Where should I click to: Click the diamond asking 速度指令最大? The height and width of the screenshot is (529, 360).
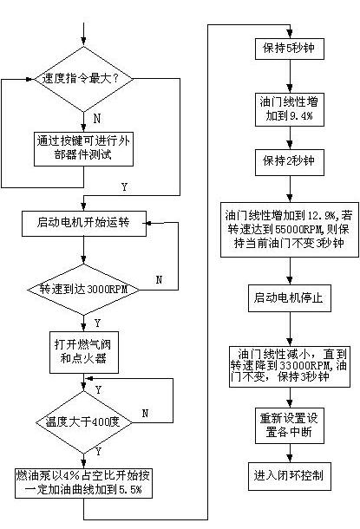click(83, 79)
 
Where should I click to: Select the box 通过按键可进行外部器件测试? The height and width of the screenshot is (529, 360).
click(83, 149)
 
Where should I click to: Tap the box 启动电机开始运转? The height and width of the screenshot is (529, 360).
click(84, 224)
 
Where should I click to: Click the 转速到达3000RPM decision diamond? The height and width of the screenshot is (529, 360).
click(83, 290)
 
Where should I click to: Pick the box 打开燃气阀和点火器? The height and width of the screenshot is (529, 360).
click(84, 352)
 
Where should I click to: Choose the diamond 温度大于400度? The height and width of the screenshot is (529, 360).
click(83, 422)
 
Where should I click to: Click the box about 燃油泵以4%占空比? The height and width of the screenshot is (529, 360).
click(83, 483)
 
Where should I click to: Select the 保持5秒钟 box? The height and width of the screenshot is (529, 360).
click(290, 49)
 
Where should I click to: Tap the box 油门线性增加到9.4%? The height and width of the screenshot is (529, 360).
click(290, 109)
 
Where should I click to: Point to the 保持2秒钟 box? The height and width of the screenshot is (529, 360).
click(290, 162)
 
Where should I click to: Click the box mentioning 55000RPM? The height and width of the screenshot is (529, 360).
click(290, 230)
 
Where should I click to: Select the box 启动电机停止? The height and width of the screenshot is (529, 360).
click(290, 298)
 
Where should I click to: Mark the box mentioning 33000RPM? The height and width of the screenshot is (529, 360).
click(290, 366)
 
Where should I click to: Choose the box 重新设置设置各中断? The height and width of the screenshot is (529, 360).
click(290, 426)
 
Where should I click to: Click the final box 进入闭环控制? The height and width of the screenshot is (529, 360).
click(290, 476)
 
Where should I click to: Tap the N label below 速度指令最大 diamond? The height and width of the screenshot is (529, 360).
click(97, 119)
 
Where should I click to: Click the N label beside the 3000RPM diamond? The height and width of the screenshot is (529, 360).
click(159, 279)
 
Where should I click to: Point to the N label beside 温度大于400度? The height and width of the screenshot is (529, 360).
click(145, 414)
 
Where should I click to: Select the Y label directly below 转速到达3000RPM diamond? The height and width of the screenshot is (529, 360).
click(97, 323)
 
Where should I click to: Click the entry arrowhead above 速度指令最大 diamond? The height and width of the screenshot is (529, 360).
click(83, 41)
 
